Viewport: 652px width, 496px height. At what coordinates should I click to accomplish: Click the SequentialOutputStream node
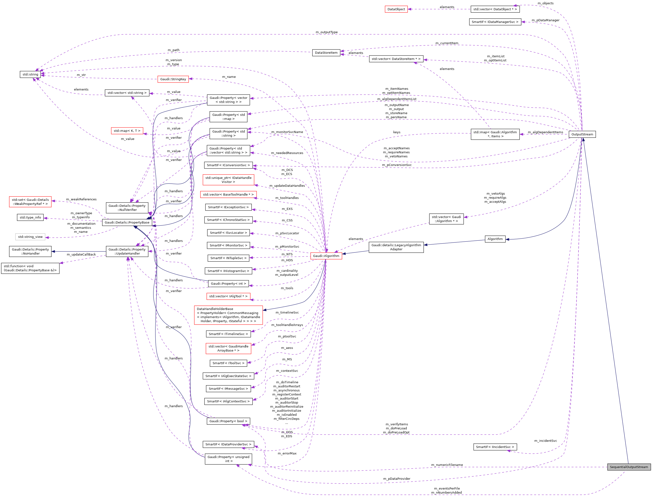click(629, 467)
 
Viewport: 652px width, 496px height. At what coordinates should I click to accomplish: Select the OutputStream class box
click(582, 134)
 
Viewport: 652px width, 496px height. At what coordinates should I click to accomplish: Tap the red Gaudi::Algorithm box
click(326, 256)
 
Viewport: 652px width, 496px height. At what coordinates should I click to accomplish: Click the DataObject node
click(396, 9)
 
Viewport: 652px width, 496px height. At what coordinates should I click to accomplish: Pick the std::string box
click(30, 75)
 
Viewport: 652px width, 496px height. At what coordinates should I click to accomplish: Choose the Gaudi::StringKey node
click(173, 79)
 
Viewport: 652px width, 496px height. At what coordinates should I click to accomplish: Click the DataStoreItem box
click(326, 53)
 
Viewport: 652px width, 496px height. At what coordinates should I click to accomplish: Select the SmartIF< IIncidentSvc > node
click(495, 447)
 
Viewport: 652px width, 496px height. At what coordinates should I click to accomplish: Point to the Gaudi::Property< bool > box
click(228, 421)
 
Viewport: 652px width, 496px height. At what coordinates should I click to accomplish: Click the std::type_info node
click(30, 217)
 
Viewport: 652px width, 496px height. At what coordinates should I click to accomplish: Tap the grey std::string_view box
click(30, 237)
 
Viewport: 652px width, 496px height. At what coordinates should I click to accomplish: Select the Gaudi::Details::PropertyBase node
click(127, 222)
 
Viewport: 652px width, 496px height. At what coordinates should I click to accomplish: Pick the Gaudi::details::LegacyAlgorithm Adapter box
click(396, 247)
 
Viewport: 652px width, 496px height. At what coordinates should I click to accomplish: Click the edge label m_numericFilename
click(447, 465)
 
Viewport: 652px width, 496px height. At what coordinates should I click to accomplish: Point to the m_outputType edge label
click(326, 32)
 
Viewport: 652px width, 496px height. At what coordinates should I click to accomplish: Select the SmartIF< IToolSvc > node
click(228, 363)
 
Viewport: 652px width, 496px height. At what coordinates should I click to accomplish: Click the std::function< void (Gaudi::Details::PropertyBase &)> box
click(30, 268)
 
